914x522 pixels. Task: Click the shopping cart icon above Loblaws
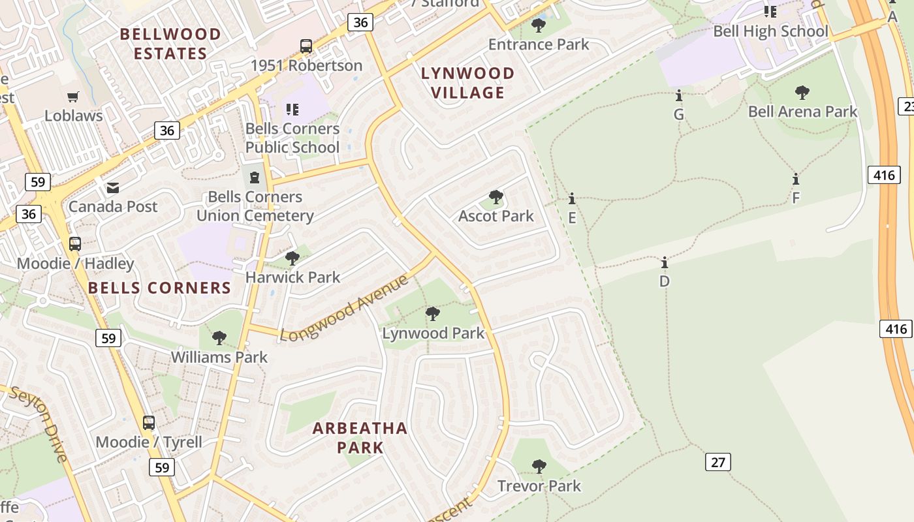(73, 97)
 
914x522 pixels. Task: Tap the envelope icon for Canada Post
(113, 188)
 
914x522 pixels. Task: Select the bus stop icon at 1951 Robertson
(306, 46)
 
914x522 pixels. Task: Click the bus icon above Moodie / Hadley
(75, 244)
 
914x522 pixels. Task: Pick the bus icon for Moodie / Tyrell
(149, 423)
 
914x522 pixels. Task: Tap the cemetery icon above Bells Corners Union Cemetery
(255, 176)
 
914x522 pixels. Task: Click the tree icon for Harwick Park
(292, 258)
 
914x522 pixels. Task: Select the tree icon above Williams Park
(219, 338)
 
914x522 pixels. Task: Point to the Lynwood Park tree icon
(432, 314)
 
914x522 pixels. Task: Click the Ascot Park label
(496, 216)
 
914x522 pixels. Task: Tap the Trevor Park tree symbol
(539, 467)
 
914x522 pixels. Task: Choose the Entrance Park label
(539, 44)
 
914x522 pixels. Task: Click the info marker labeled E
(572, 199)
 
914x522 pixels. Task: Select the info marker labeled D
(665, 263)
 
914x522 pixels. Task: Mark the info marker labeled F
(795, 179)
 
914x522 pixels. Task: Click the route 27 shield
(717, 463)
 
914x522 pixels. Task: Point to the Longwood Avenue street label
(344, 308)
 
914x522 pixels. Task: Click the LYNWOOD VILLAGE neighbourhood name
(467, 83)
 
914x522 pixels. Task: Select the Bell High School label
(770, 31)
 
